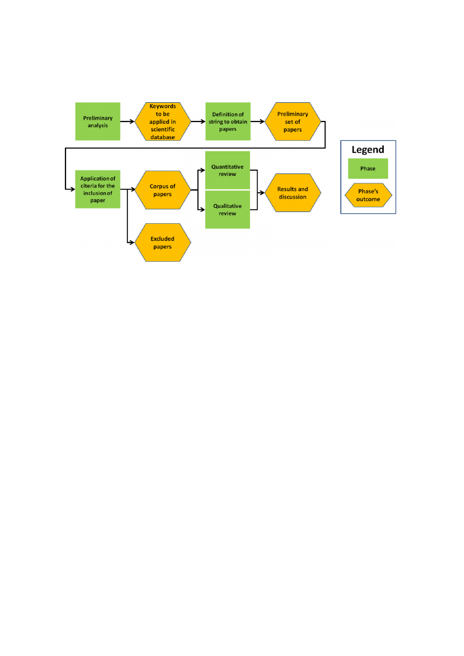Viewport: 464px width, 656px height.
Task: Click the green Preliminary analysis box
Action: (98, 122)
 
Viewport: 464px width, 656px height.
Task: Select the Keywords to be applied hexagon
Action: (163, 122)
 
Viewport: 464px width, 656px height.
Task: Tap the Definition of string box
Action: (228, 122)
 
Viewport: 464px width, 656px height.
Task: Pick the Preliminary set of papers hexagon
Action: (293, 122)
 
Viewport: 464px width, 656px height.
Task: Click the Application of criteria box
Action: (98, 189)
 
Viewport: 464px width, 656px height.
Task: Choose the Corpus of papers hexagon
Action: (163, 190)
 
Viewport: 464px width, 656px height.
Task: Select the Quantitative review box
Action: (227, 170)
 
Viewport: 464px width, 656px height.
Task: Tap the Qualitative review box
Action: (227, 210)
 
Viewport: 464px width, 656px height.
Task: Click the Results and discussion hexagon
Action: (293, 193)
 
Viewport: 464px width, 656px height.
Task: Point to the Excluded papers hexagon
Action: (163, 242)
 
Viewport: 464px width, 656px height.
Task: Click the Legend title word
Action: (368, 150)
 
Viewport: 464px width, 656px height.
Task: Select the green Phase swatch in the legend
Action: (368, 169)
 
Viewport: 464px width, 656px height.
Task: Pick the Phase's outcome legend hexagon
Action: (368, 195)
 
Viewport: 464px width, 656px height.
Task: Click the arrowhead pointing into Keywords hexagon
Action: (132, 122)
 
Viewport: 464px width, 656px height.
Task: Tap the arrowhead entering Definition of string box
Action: (203, 122)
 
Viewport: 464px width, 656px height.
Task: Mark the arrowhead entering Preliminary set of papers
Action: (262, 122)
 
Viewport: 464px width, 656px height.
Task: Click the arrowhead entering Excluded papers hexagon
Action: (132, 242)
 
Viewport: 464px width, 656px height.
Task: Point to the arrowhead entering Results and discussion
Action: (262, 193)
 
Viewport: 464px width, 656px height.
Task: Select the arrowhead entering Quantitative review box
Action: (203, 170)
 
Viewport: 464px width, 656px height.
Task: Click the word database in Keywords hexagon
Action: (163, 137)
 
